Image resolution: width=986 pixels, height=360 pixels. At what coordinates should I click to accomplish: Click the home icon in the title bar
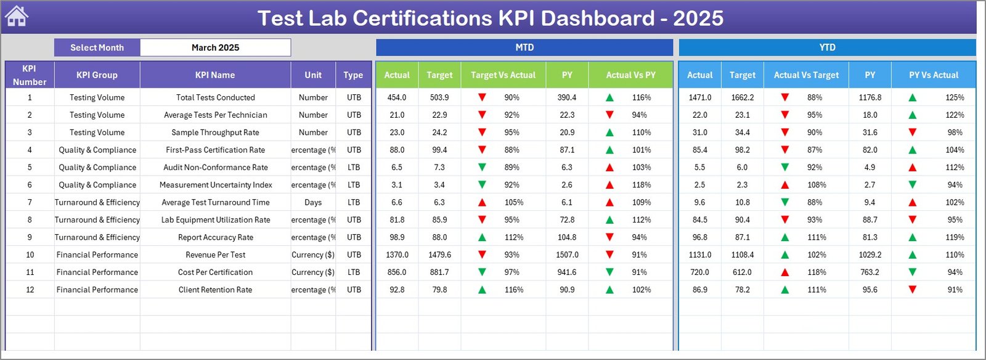tap(16, 17)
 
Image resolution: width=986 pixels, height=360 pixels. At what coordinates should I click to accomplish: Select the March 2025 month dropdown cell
tap(215, 47)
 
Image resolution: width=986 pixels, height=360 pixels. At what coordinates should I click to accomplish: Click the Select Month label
tap(97, 47)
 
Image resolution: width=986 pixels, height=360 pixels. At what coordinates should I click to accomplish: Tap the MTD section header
tap(524, 47)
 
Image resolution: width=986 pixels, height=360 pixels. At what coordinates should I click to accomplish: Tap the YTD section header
tap(827, 47)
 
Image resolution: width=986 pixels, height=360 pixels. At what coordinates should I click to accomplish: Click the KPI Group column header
tap(97, 75)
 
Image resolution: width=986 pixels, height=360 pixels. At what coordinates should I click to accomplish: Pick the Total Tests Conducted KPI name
tap(215, 97)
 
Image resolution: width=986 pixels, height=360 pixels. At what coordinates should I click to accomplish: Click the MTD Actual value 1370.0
tap(397, 255)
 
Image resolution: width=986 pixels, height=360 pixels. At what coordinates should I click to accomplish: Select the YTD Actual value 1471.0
tap(699, 97)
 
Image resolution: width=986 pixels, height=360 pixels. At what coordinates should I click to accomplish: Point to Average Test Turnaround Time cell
tap(215, 202)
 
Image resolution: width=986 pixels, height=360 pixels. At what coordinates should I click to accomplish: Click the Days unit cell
tap(313, 202)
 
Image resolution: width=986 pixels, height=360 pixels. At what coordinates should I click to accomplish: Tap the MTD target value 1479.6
tap(439, 255)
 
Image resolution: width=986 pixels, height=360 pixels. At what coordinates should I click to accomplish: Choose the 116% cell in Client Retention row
tap(513, 290)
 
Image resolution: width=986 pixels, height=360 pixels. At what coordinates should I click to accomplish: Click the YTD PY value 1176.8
tap(870, 97)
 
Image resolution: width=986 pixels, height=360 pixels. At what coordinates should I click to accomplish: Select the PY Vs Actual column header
tap(933, 75)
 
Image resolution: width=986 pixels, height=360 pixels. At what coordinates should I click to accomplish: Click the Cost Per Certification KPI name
tap(215, 272)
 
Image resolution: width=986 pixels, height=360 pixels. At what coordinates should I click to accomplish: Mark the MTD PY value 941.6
tap(567, 272)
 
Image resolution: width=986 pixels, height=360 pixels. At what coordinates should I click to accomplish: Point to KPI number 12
tap(30, 290)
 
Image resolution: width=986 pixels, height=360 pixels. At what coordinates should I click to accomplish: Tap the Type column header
tap(353, 75)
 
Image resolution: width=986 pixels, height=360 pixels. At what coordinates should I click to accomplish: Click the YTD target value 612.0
tap(742, 272)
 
